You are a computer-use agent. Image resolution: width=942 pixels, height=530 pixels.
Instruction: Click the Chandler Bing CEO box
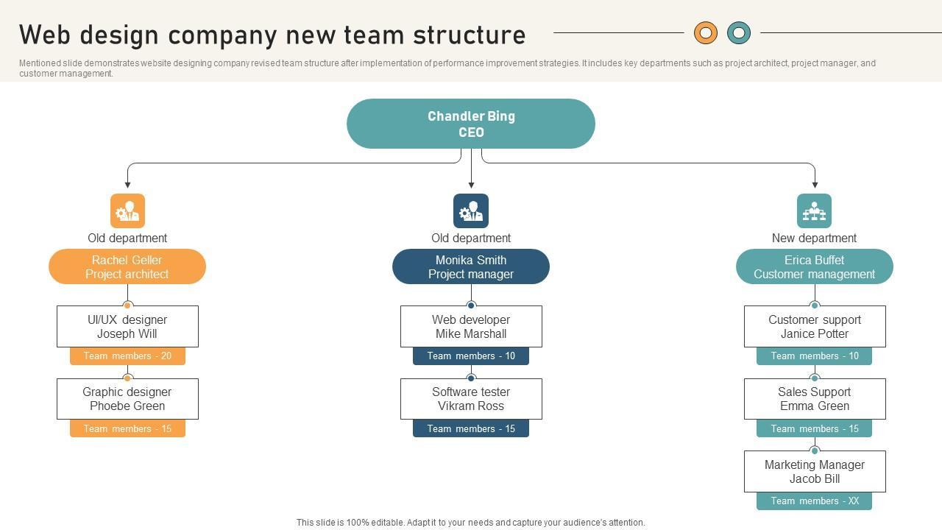click(x=471, y=124)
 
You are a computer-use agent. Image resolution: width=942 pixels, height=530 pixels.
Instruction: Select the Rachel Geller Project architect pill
click(x=127, y=266)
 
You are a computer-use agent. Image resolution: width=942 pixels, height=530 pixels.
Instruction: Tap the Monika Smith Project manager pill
click(x=471, y=266)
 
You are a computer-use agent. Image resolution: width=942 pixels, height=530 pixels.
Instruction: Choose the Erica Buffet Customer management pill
click(x=814, y=266)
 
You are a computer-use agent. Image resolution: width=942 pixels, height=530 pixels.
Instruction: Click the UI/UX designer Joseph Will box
click(x=127, y=326)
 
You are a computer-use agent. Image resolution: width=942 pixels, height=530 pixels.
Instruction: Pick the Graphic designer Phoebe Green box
click(x=127, y=399)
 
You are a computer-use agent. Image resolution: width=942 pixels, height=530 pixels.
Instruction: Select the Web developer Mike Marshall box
click(x=471, y=326)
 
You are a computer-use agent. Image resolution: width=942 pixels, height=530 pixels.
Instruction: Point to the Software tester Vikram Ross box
click(x=471, y=399)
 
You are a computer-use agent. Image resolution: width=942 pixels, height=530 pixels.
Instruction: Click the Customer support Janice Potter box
click(x=814, y=326)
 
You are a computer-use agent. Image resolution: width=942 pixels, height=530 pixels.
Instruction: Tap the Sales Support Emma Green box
click(x=814, y=399)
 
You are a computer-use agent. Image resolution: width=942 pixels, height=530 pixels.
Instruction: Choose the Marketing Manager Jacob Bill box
click(x=814, y=471)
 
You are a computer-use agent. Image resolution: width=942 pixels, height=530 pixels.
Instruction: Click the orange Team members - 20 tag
click(x=127, y=356)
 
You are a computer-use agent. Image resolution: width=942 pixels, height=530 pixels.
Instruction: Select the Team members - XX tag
click(x=814, y=501)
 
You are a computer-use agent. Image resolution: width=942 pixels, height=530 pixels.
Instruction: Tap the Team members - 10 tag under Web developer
click(x=471, y=356)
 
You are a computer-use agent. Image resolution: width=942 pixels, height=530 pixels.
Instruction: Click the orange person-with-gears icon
click(x=127, y=211)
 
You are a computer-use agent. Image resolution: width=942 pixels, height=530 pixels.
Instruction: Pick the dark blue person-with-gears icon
click(x=471, y=211)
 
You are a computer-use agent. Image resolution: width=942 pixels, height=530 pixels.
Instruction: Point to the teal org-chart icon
click(x=814, y=211)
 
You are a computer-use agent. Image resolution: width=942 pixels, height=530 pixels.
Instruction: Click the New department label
click(x=814, y=238)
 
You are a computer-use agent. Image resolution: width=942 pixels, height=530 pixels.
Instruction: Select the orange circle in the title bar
click(x=705, y=32)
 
